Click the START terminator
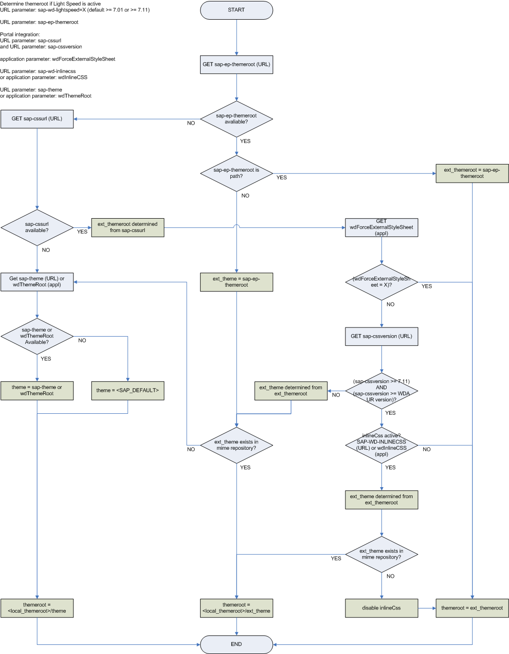click(x=236, y=10)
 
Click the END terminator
click(x=236, y=644)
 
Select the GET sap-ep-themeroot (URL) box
click(x=236, y=64)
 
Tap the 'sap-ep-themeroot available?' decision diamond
click(x=236, y=119)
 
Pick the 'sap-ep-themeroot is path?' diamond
click(x=236, y=173)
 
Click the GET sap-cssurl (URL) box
click(x=37, y=119)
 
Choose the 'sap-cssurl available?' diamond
click(x=37, y=227)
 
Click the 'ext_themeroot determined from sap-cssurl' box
click(x=128, y=227)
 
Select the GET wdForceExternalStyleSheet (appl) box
click(x=381, y=227)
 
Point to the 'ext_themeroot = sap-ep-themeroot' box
click(x=472, y=173)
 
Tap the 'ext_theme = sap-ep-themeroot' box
click(x=236, y=282)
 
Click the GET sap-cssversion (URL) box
click(x=381, y=336)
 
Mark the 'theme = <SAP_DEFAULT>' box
click(x=128, y=390)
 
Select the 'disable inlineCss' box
click(x=381, y=608)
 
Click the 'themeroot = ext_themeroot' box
click(x=472, y=608)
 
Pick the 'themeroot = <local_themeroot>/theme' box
click(x=37, y=608)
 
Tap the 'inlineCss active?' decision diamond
click(x=381, y=445)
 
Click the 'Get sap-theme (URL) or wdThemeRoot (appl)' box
click(x=37, y=282)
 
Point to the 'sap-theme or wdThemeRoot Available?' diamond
click(x=37, y=336)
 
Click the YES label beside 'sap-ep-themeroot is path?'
click(x=282, y=177)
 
